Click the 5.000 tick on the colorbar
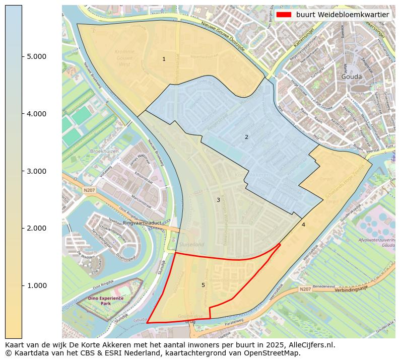22,56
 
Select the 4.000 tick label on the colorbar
36,114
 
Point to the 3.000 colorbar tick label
36,171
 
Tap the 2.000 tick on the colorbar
22,228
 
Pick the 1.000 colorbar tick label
36,285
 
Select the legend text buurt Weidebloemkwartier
342,15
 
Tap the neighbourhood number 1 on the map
164,59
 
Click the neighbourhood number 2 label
246,137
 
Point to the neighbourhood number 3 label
218,200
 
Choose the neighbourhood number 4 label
303,225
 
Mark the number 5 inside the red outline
203,285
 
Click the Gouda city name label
352,77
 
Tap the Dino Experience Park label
105,301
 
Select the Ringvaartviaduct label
142,222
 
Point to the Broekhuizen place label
104,151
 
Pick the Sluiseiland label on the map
191,244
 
